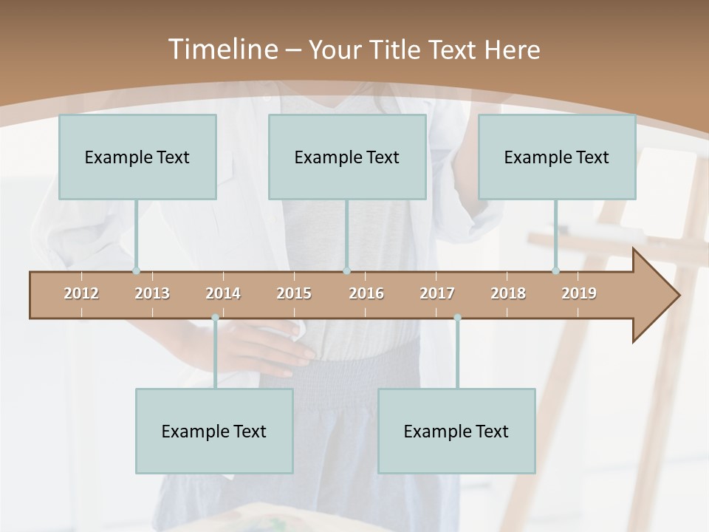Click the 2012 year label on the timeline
pos(81,293)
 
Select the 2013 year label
pos(152,293)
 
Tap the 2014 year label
pos(223,293)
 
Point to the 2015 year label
pos(294,293)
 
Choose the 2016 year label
pos(366,293)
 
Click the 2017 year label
pos(437,293)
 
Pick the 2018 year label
pos(508,293)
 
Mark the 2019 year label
pos(579,293)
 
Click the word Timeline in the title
pos(222,50)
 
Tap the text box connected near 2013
pos(137,157)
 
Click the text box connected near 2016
pos(347,157)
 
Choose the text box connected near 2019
pos(557,157)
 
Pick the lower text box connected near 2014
pos(214,431)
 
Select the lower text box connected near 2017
pos(456,431)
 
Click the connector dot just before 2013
pos(136,271)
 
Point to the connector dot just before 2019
pos(556,271)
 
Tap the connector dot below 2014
pos(215,318)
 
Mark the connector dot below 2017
pos(457,318)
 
